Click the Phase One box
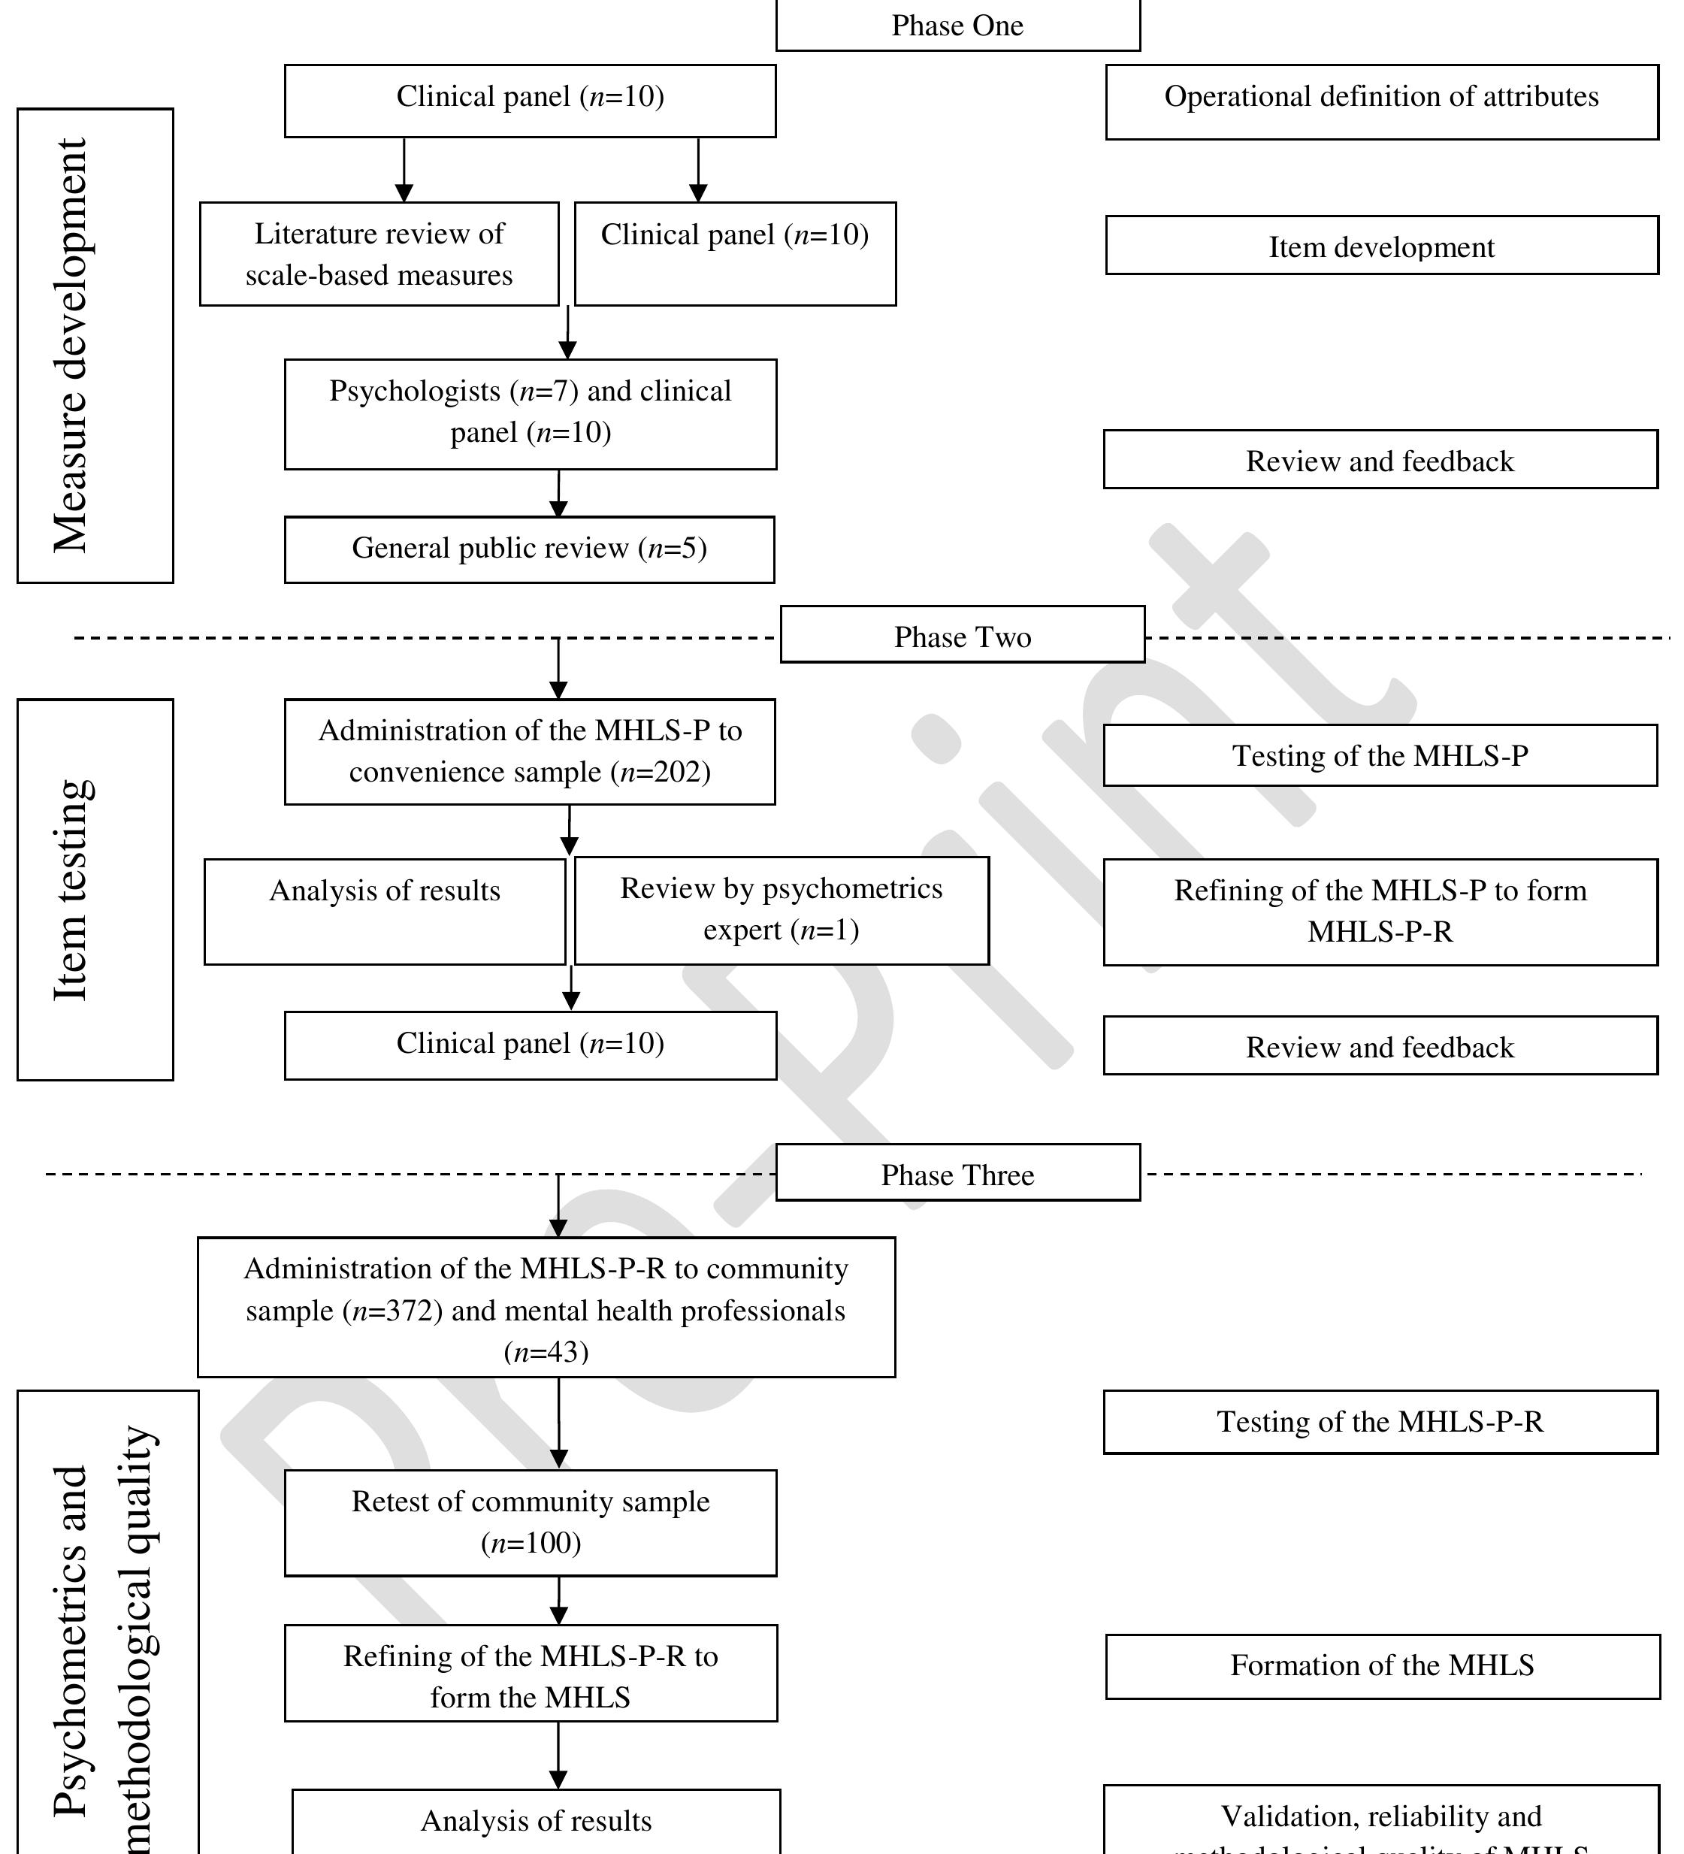click(x=957, y=26)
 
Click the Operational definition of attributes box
click(x=1381, y=99)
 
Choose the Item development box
click(x=1381, y=246)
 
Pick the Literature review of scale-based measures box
click(x=379, y=254)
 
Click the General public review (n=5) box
click(x=530, y=549)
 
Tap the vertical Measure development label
click(x=71, y=345)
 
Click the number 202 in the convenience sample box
click(x=679, y=772)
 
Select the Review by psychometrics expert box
click(x=781, y=909)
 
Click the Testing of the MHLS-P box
click(x=1380, y=755)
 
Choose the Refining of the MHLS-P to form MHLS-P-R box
click(x=1380, y=912)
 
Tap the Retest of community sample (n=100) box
click(x=531, y=1522)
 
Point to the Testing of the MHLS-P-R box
click(x=1380, y=1422)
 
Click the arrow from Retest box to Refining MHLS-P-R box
click(x=558, y=1601)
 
